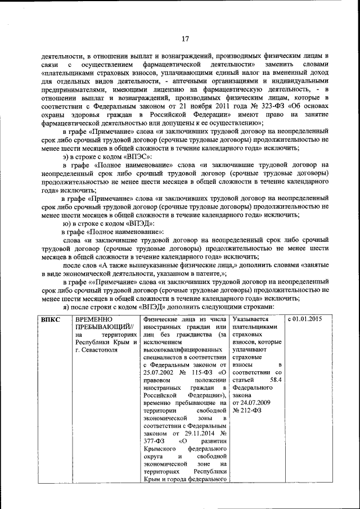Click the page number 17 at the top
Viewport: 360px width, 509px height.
tap(184, 39)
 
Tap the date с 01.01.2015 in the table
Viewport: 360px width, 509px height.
tap(305, 319)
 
